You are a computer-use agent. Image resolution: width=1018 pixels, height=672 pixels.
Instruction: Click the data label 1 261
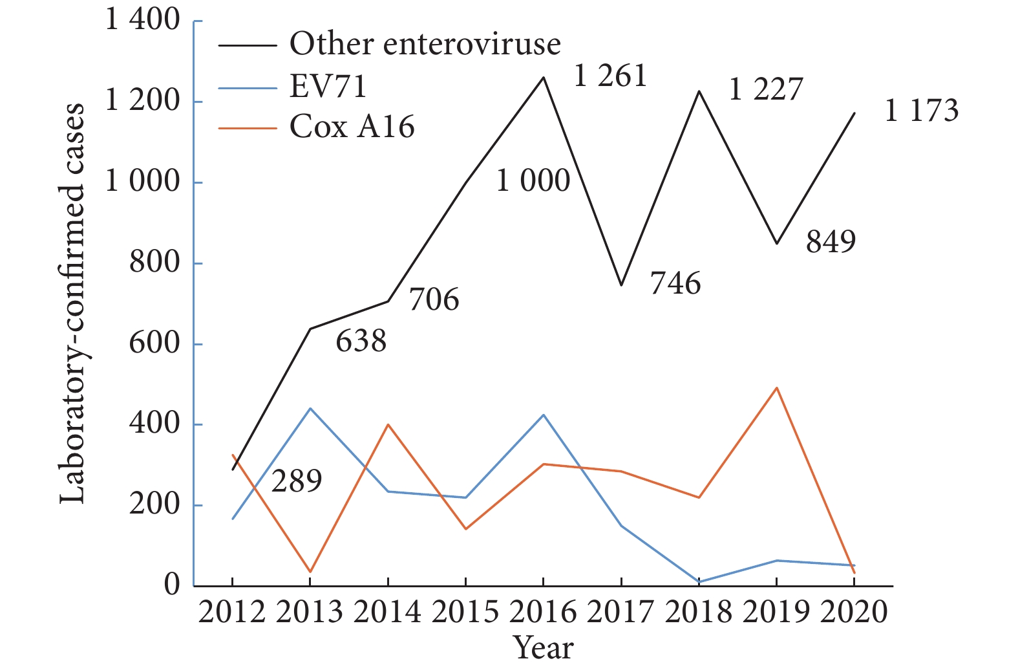[x=610, y=76]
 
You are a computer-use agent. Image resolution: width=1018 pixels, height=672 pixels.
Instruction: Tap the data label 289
[x=297, y=481]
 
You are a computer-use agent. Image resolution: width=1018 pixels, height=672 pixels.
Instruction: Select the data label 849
[x=831, y=242]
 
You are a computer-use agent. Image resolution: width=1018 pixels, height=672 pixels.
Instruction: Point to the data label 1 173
[x=921, y=111]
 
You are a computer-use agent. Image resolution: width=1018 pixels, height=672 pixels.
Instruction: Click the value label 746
[x=675, y=283]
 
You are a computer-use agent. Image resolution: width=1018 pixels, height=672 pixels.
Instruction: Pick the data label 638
[x=361, y=341]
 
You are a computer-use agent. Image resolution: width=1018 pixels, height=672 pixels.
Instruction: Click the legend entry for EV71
[x=328, y=86]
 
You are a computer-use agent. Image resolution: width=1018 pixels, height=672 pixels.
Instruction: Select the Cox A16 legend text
[x=352, y=127]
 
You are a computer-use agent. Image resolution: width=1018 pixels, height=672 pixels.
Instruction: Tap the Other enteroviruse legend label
[x=425, y=44]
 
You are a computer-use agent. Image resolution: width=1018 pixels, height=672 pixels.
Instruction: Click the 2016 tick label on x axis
[x=543, y=612]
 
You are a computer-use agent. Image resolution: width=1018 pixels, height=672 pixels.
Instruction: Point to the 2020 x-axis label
[x=854, y=612]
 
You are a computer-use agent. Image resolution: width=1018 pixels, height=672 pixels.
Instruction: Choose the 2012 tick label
[x=232, y=612]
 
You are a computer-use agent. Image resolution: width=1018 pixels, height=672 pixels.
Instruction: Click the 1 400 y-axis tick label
[x=142, y=20]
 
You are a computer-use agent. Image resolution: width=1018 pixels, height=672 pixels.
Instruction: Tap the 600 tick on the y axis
[x=154, y=343]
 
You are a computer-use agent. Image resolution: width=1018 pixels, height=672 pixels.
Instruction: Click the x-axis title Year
[x=543, y=648]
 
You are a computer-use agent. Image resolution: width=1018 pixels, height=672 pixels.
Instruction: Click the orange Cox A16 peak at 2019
[x=776, y=388]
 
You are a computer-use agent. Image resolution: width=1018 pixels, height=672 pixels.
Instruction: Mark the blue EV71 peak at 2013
[x=310, y=409]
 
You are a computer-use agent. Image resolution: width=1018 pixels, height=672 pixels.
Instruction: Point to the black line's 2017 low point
[x=621, y=285]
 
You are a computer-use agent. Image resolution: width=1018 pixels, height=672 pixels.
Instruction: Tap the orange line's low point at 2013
[x=310, y=572]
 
